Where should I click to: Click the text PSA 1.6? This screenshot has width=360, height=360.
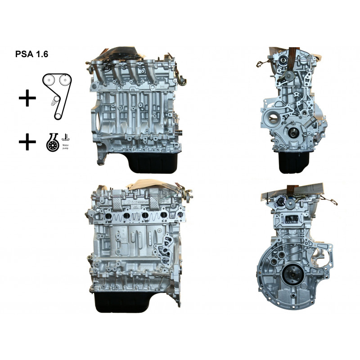(x=32, y=54)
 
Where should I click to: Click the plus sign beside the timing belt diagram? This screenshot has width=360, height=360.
(x=27, y=98)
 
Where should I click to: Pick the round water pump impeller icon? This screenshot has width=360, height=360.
(x=52, y=143)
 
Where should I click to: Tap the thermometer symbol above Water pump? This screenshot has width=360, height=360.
(x=66, y=135)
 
